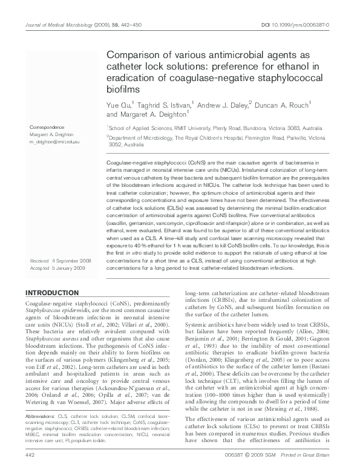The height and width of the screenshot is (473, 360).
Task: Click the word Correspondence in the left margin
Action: coord(47,127)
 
